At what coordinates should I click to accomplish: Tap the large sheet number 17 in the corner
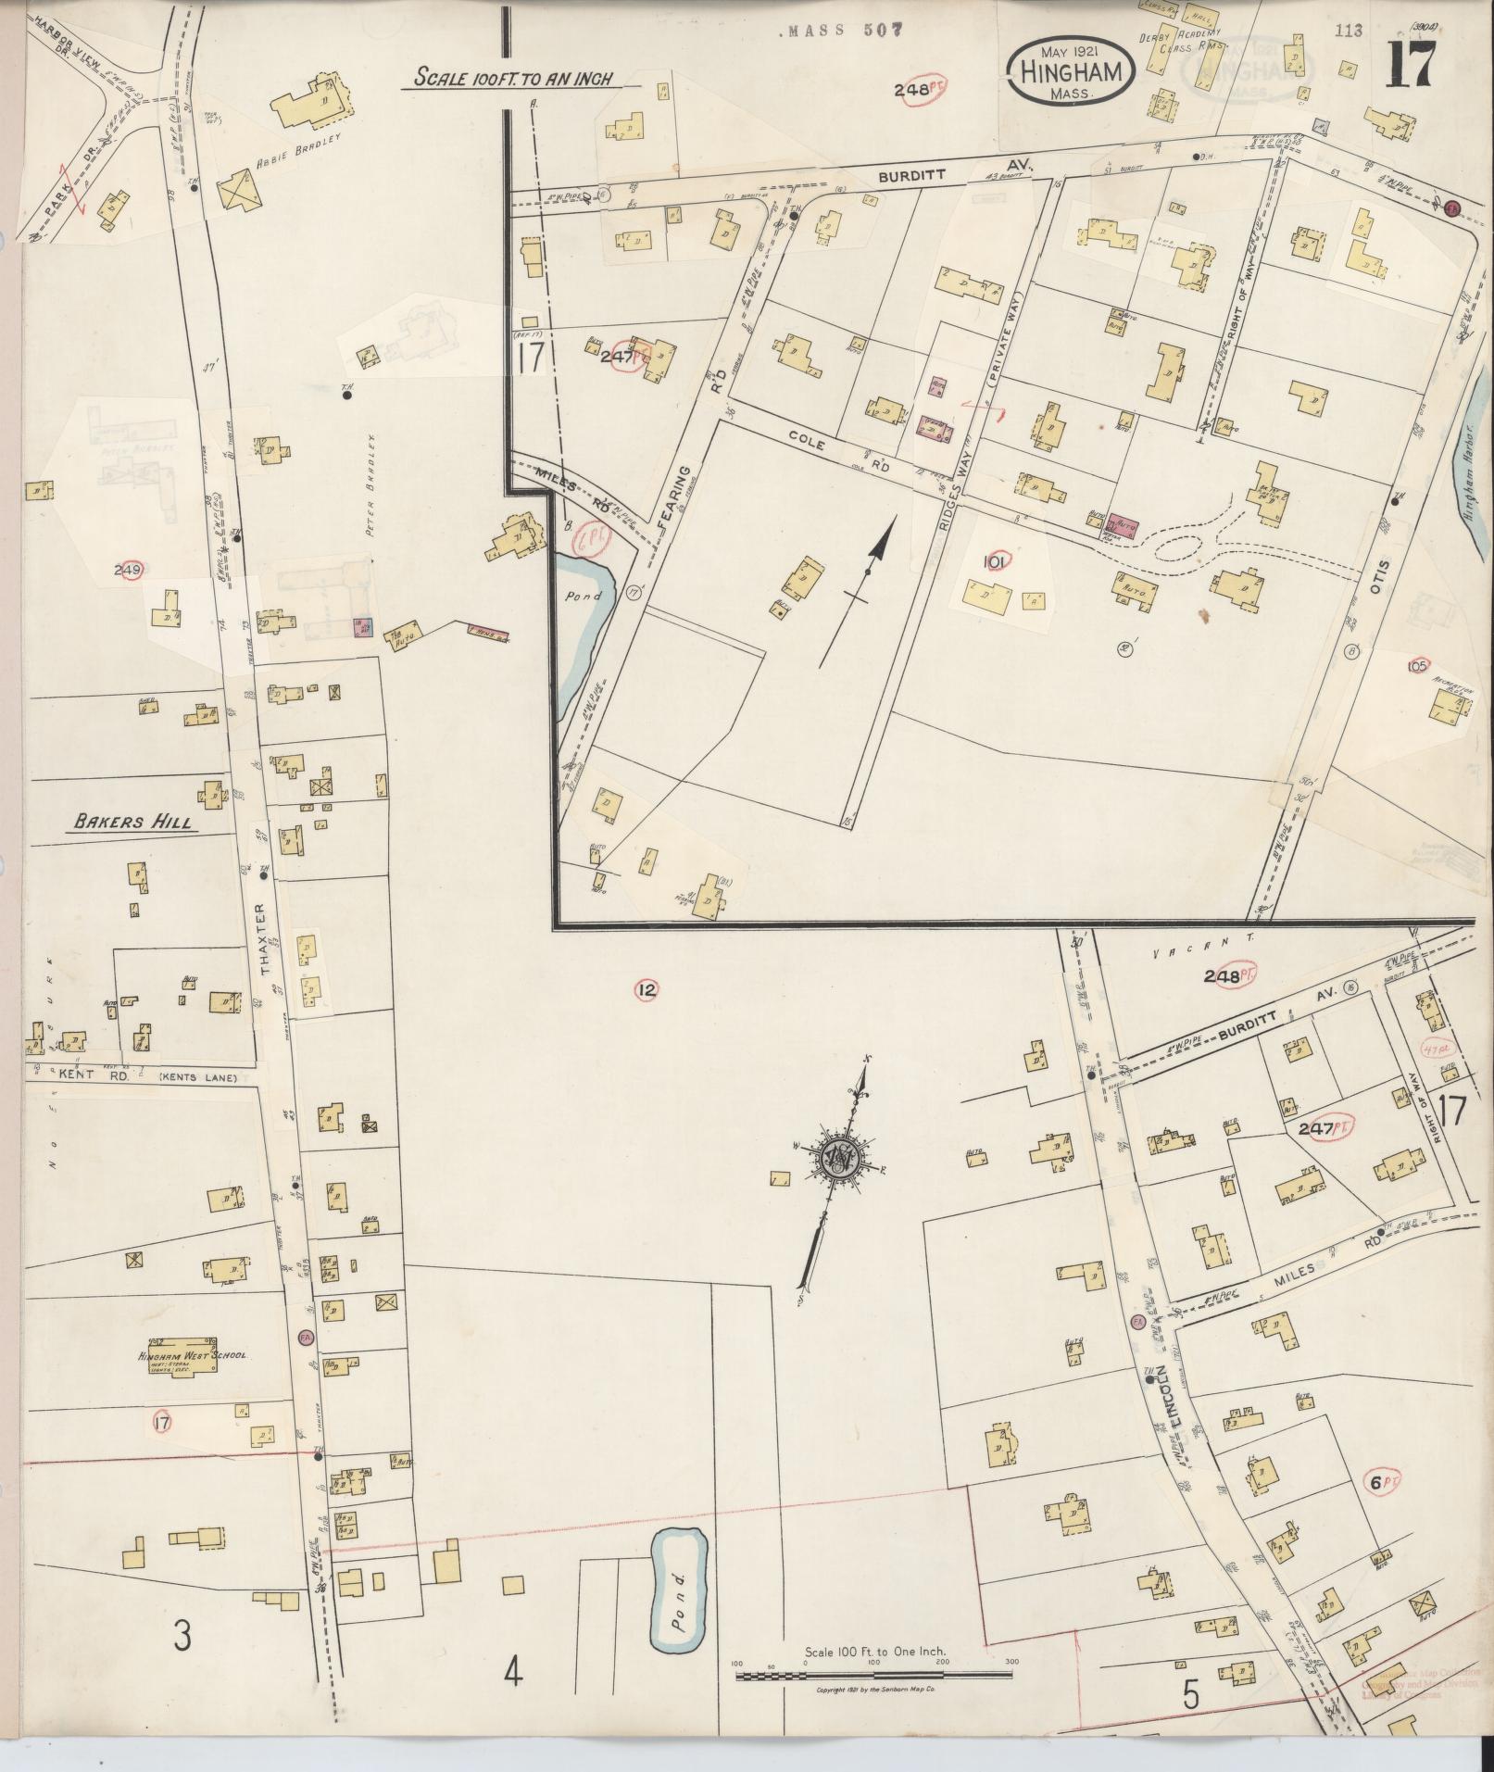pos(1411,64)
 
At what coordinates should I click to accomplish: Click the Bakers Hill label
pos(135,821)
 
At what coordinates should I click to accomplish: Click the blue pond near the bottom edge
pos(680,1603)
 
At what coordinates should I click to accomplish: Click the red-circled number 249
pos(127,570)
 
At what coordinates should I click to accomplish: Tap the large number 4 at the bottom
pos(514,1673)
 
